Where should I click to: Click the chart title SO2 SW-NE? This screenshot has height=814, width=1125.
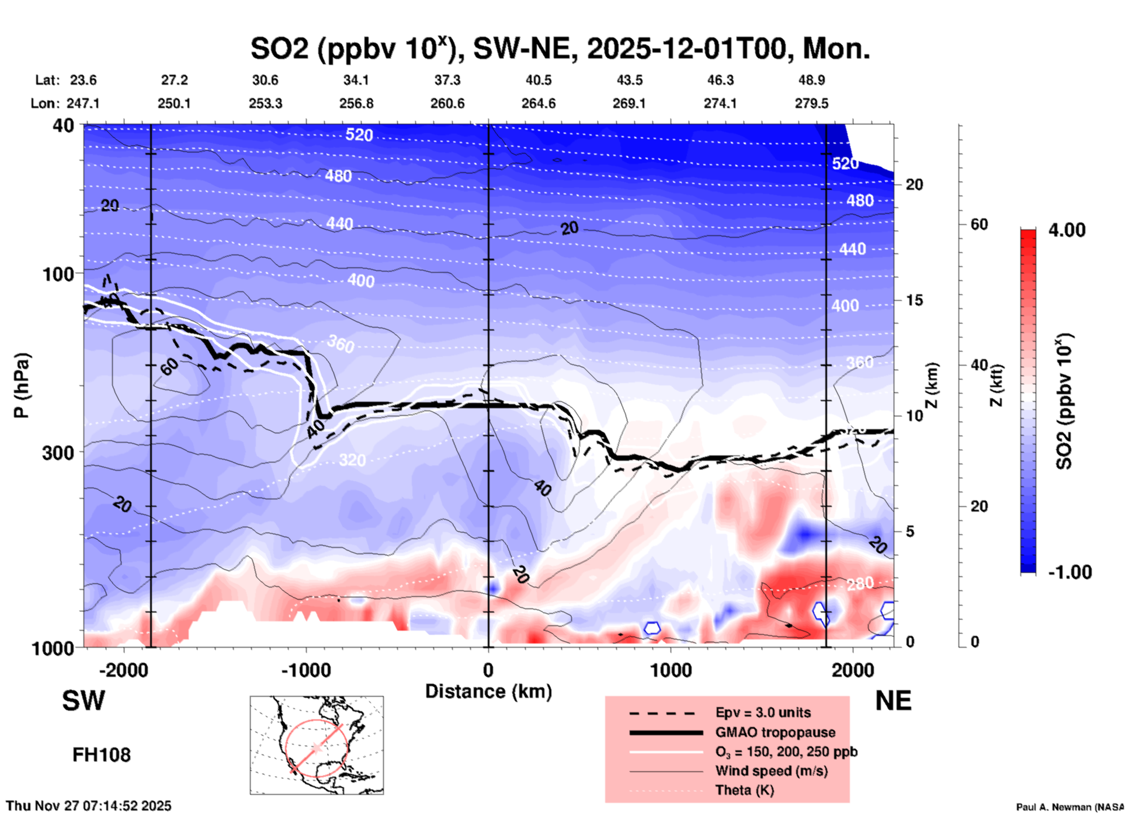[560, 48]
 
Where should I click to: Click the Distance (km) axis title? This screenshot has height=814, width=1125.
[488, 691]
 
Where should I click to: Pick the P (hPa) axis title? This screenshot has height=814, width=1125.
[22, 385]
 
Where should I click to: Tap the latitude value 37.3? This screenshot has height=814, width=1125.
[447, 80]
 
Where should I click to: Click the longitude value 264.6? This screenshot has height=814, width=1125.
[539, 103]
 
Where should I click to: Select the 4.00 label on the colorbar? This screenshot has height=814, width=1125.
[1067, 230]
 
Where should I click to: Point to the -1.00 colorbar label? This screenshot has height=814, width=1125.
[1070, 572]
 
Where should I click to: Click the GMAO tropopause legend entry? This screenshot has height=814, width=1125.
[775, 732]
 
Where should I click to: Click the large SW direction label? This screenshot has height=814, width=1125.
[84, 701]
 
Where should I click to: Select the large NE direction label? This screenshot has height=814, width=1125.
[893, 701]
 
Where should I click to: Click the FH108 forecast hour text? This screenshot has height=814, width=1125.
[102, 755]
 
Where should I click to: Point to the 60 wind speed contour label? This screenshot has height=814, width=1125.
[169, 367]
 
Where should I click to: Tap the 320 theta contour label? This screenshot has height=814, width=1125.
[352, 460]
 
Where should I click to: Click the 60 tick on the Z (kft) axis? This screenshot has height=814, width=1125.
[979, 224]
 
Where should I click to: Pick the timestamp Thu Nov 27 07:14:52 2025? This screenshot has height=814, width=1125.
[89, 806]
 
